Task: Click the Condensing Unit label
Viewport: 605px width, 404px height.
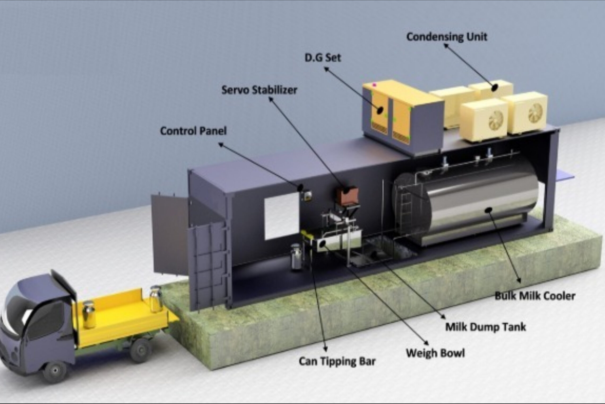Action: pyautogui.click(x=447, y=37)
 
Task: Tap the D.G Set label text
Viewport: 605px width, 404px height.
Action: pyautogui.click(x=323, y=58)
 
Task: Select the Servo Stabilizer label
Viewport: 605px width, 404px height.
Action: pyautogui.click(x=259, y=90)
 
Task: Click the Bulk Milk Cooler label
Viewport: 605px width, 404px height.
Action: pyautogui.click(x=535, y=296)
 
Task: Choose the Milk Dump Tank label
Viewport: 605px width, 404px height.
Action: pyautogui.click(x=486, y=327)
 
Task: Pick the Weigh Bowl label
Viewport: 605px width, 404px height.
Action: pyautogui.click(x=435, y=353)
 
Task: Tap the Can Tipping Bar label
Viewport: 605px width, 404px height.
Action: pyautogui.click(x=337, y=361)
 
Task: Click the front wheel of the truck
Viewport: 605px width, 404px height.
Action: pyautogui.click(x=55, y=371)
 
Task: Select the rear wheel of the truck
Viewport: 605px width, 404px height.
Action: pyautogui.click(x=140, y=351)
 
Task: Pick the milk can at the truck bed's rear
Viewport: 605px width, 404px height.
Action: pyautogui.click(x=156, y=299)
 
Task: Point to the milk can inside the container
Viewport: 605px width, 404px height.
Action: pyautogui.click(x=296, y=257)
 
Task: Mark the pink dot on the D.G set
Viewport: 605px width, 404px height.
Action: pyautogui.click(x=374, y=84)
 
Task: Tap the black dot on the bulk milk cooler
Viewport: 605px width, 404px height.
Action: pyautogui.click(x=488, y=210)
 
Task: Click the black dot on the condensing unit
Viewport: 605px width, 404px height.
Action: pyautogui.click(x=494, y=88)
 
